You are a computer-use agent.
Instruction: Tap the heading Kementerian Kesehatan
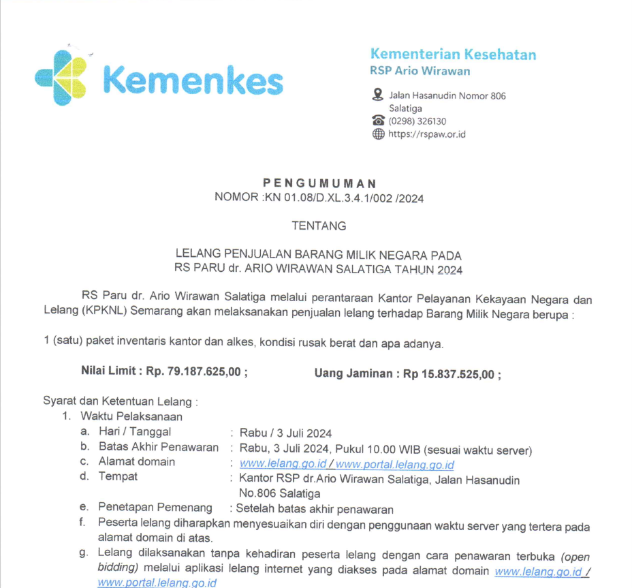[x=453, y=55]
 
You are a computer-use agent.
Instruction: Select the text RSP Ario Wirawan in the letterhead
[x=420, y=71]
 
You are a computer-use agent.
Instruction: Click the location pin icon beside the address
[x=378, y=95]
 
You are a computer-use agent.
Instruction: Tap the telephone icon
[x=378, y=121]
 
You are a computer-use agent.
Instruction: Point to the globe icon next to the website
[x=378, y=134]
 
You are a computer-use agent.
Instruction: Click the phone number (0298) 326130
[x=417, y=121]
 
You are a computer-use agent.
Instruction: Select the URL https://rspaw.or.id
[x=426, y=134]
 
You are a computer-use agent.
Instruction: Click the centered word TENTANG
[x=319, y=226]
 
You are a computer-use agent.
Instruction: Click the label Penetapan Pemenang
[x=155, y=508]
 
